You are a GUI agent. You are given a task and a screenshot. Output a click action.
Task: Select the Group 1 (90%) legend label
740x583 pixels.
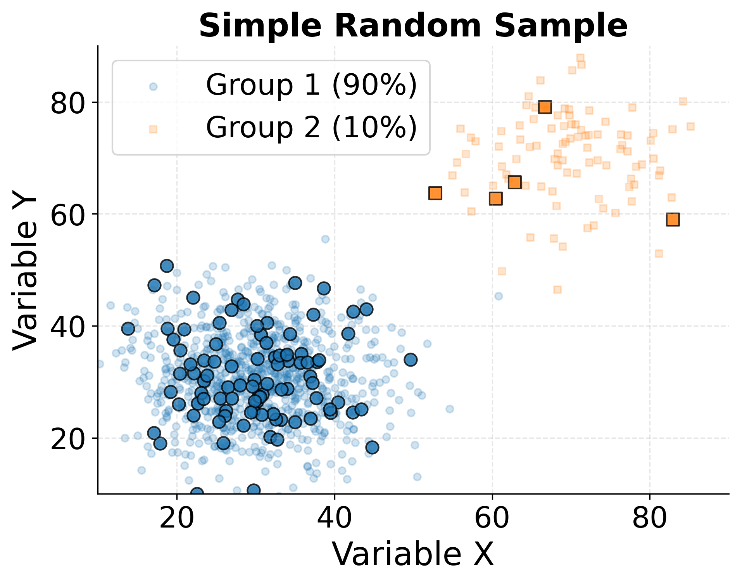[311, 85]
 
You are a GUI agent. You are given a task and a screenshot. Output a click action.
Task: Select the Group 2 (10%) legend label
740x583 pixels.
[311, 128]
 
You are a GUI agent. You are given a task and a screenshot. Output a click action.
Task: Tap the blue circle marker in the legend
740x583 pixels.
[154, 86]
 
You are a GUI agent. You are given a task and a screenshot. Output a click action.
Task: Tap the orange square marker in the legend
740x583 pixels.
[153, 129]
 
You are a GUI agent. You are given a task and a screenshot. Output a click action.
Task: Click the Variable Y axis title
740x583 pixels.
[25, 270]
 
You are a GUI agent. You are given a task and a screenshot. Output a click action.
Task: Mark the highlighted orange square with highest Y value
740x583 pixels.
[545, 107]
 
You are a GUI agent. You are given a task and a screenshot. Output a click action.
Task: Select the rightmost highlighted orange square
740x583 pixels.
[673, 220]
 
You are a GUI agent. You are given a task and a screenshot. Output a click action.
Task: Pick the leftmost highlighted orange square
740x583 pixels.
[435, 193]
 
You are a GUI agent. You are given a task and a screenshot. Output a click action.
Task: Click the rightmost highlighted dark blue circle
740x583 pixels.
[411, 360]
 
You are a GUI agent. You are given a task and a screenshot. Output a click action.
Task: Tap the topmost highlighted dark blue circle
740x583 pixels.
[167, 266]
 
